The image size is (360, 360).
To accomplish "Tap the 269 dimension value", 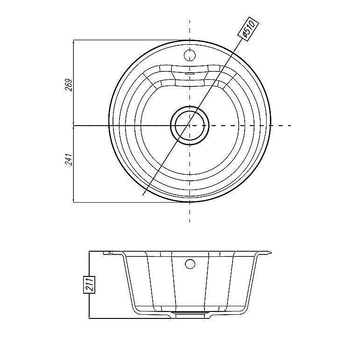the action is [69, 85].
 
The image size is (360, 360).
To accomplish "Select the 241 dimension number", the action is [69, 159].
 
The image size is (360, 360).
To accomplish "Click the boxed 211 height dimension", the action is [89, 285].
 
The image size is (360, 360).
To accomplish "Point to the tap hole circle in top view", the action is [190, 55].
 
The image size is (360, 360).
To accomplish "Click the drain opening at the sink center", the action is [190, 125].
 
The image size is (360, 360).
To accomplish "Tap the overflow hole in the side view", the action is [190, 264].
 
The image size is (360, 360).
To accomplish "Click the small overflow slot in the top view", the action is [190, 74].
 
